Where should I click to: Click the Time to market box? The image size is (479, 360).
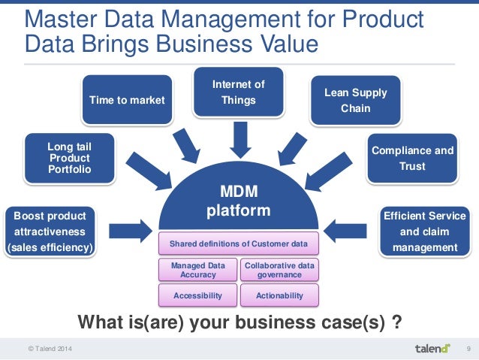pos(127,99)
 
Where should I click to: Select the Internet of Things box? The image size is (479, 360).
pos(239,92)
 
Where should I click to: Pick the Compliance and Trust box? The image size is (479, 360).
pos(412,158)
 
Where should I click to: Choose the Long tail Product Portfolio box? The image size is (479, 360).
pos(69,158)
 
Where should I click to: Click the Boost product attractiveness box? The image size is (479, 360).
pos(50,231)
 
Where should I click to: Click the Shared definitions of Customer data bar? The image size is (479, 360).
pos(238,244)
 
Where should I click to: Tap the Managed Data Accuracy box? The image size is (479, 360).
pos(197,270)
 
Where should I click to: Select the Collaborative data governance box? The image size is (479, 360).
pos(279,270)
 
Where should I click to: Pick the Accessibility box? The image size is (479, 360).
pos(197,295)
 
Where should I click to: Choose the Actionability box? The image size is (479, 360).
pos(279,295)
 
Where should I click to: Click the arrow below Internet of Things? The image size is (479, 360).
pos(239,138)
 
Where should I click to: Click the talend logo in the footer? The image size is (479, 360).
pos(432,349)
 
